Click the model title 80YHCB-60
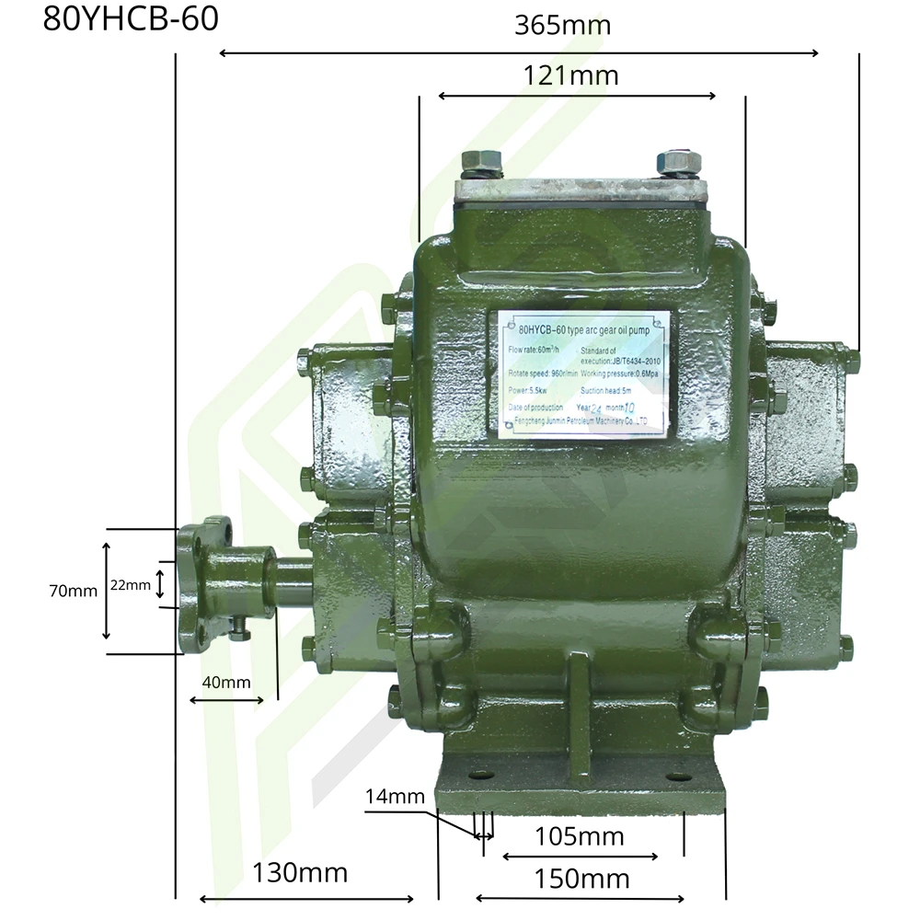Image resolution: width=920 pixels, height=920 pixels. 131,19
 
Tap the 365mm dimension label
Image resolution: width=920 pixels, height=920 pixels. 562,25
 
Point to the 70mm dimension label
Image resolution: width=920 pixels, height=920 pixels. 74,592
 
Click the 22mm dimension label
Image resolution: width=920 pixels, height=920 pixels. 130,584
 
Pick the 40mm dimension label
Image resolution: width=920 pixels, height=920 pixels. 224,682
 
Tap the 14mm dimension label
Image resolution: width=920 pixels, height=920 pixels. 395,796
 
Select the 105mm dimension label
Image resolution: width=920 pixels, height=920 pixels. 580,836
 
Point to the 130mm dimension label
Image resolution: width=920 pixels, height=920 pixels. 301,872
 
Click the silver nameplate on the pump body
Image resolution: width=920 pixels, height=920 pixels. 583,373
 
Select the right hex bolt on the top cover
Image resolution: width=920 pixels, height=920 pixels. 678,163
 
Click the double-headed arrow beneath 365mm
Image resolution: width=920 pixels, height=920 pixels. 519,53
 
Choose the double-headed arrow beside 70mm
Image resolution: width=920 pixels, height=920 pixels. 106,592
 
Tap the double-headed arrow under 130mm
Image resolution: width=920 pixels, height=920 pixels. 307,899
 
